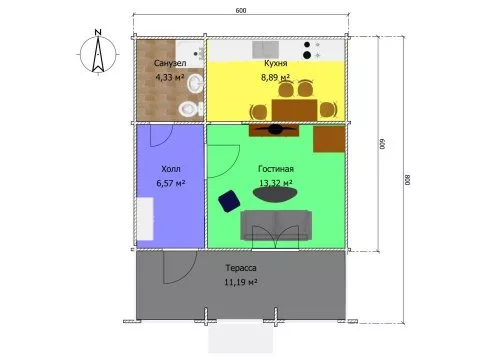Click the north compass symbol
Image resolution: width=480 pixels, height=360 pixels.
click(x=98, y=53)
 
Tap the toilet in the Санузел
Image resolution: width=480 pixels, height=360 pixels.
click(x=190, y=109)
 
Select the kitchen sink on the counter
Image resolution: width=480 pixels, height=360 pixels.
click(x=265, y=50)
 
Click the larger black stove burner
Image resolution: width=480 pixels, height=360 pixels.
click(x=307, y=55)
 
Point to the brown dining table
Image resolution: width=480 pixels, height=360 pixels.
click(x=294, y=110)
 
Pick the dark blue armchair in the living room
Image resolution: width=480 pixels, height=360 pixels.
click(x=229, y=201)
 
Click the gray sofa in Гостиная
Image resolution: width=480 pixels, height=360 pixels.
click(x=276, y=225)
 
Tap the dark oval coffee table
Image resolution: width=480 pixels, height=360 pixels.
click(x=275, y=194)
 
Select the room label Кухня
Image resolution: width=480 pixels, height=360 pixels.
click(x=276, y=63)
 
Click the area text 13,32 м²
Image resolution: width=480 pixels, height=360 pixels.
click(x=276, y=183)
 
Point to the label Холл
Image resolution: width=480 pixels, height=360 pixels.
click(x=171, y=169)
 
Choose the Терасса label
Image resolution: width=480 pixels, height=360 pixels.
click(x=241, y=268)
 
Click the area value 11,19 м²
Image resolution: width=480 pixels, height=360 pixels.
click(x=241, y=282)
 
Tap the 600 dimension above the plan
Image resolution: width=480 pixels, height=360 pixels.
click(x=241, y=11)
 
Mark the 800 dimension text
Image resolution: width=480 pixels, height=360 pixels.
click(x=408, y=180)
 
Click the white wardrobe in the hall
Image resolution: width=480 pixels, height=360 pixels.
click(x=145, y=219)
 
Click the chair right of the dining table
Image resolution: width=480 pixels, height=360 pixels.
click(x=328, y=110)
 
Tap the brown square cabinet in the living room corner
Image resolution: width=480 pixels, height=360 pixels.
click(x=329, y=139)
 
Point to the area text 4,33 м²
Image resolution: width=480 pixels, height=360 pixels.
click(x=170, y=77)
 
